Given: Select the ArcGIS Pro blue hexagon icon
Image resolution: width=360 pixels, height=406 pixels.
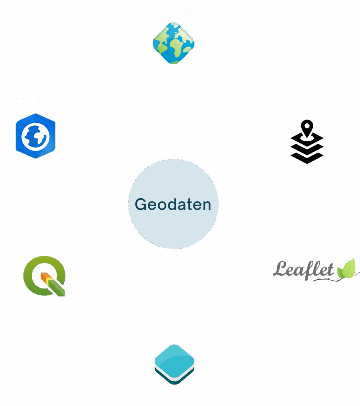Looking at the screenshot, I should click(x=35, y=136).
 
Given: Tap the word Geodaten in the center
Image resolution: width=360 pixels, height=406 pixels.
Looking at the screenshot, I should click(x=173, y=205).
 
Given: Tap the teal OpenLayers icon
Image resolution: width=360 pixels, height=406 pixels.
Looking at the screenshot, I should click(x=174, y=364).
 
